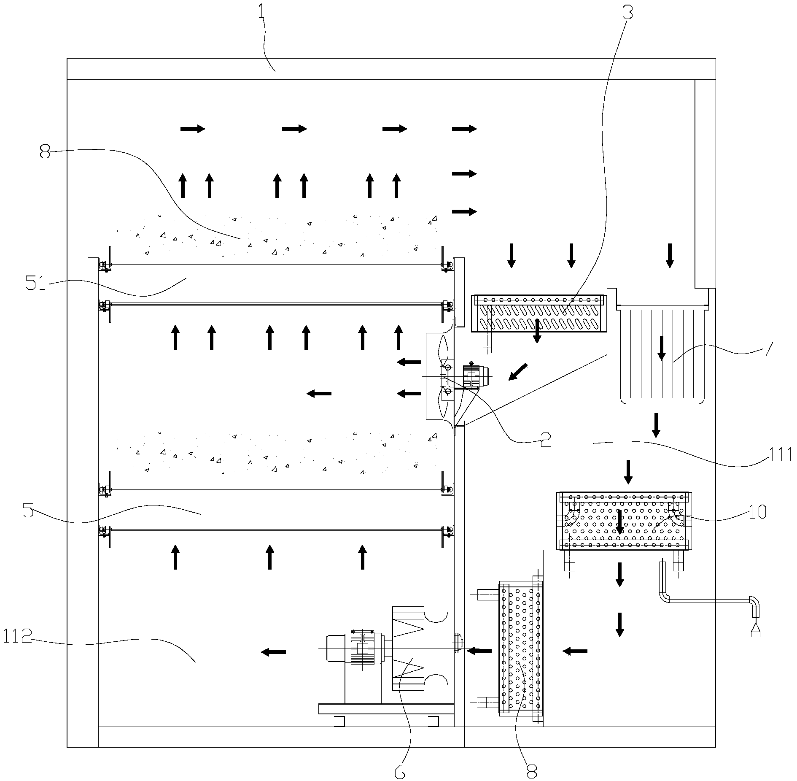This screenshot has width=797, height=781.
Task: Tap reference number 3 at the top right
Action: click(x=627, y=13)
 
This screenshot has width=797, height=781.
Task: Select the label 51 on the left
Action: click(x=36, y=284)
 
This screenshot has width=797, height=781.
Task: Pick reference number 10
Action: click(x=757, y=512)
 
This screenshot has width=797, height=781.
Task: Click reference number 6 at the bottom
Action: click(x=399, y=772)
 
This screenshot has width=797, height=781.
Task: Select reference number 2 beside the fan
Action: click(x=545, y=440)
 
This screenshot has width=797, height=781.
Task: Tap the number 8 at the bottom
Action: click(x=531, y=772)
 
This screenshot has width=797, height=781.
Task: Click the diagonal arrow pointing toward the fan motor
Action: click(x=517, y=372)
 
